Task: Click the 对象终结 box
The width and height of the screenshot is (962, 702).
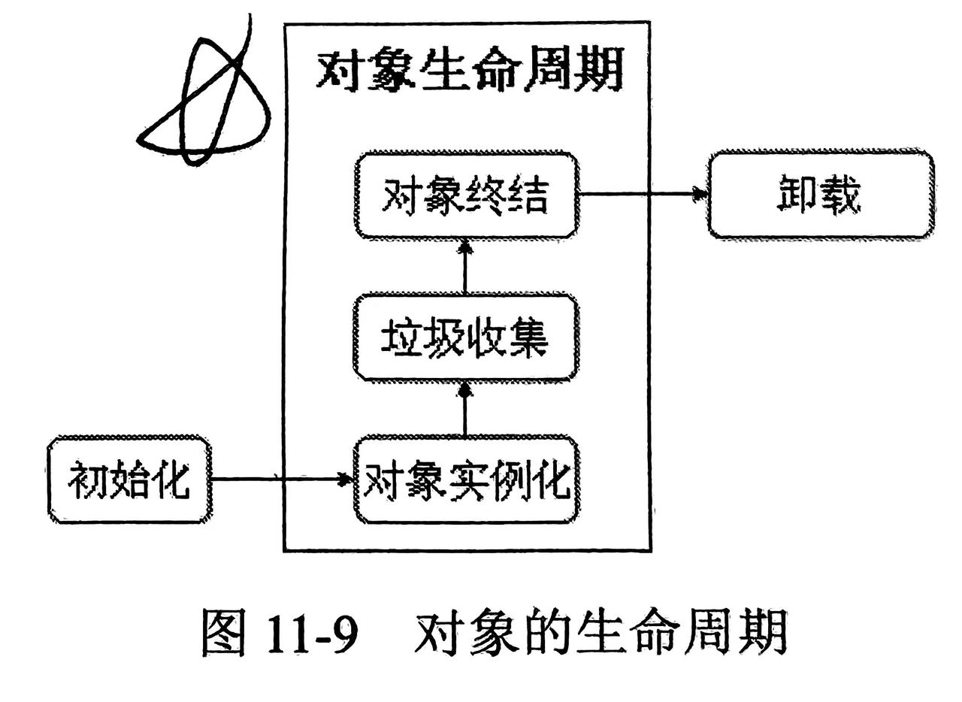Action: pyautogui.click(x=466, y=195)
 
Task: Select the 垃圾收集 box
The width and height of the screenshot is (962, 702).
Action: pyautogui.click(x=466, y=338)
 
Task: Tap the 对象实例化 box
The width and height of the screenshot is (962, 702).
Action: pyautogui.click(x=466, y=480)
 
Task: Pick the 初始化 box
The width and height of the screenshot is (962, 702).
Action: pyautogui.click(x=129, y=480)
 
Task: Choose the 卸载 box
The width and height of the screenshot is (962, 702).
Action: pyautogui.click(x=821, y=195)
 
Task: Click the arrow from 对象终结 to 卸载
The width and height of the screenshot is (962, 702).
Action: pyautogui.click(x=643, y=195)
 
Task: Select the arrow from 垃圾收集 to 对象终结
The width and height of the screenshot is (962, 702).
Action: pyautogui.click(x=465, y=266)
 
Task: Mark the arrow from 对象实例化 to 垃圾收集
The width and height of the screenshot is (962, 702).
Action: pyautogui.click(x=465, y=409)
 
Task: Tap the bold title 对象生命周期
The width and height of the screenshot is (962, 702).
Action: pyautogui.click(x=469, y=72)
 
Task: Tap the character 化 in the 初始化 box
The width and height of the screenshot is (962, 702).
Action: pyautogui.click(x=172, y=480)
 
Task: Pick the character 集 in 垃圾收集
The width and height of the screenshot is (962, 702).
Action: pyautogui.click(x=526, y=338)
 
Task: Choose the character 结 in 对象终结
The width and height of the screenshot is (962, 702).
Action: pyautogui.click(x=526, y=195)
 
